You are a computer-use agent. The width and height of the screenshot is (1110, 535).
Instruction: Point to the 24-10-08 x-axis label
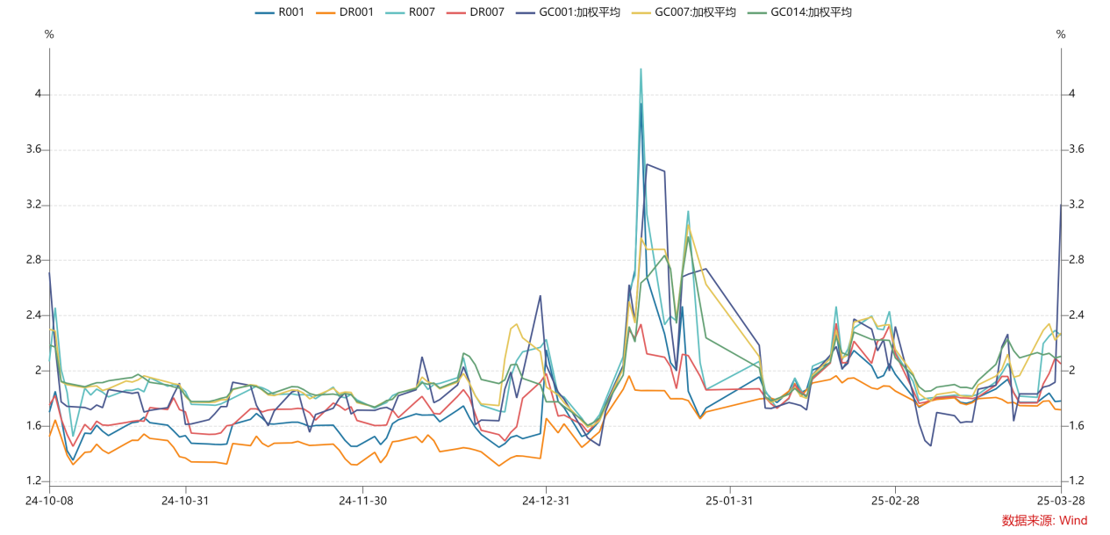click(x=49, y=501)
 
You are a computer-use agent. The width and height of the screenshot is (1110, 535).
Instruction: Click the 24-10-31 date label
click(x=185, y=501)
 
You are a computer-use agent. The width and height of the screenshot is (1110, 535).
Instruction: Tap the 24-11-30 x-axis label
click(x=362, y=501)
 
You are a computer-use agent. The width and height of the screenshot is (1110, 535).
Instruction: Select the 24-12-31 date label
click(x=546, y=501)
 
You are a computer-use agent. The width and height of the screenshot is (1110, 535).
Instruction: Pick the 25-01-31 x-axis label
click(x=729, y=501)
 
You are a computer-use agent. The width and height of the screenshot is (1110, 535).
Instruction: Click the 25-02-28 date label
click(x=894, y=501)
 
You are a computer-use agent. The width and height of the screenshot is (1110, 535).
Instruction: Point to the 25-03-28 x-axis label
click(x=1061, y=501)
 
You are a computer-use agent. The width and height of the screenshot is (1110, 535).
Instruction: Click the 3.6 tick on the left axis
click(x=34, y=149)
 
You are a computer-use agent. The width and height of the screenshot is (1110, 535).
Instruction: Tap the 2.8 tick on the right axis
click(x=1076, y=260)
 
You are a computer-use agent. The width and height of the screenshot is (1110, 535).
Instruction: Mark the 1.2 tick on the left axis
click(x=34, y=481)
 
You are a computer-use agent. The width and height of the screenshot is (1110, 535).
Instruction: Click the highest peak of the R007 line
click(x=641, y=69)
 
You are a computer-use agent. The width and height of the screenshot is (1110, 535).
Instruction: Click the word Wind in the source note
click(x=1072, y=521)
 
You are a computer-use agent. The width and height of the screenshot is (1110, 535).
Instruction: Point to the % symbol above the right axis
click(x=1061, y=34)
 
